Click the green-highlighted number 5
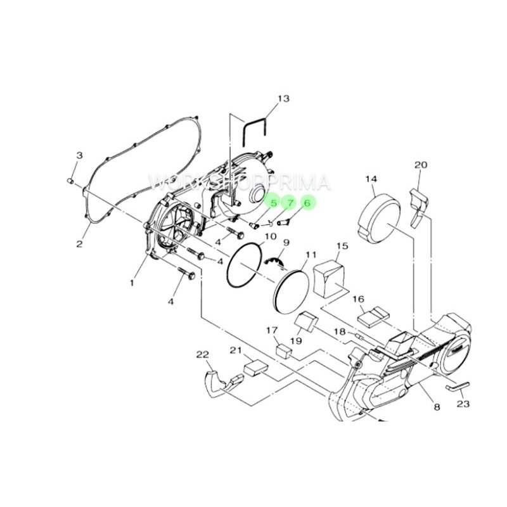pyautogui.click(x=274, y=203)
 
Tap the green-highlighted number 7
pyautogui.click(x=290, y=203)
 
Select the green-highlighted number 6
pyautogui.click(x=307, y=203)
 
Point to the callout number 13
pyautogui.click(x=283, y=98)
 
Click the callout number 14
pyautogui.click(x=371, y=179)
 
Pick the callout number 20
pyautogui.click(x=421, y=165)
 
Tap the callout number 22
pyautogui.click(x=203, y=355)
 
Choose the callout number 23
pyautogui.click(x=463, y=404)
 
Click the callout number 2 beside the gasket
pyautogui.click(x=80, y=244)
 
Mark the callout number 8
pyautogui.click(x=437, y=407)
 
